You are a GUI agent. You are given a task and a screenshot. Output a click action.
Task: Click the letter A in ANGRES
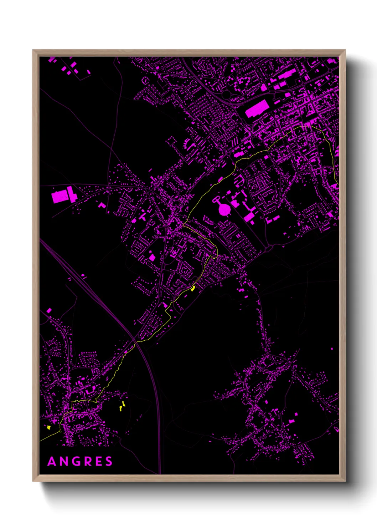pos(52,462)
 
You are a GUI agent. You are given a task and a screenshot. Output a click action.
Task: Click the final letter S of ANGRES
pos(109,462)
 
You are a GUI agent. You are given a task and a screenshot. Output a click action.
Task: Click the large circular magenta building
pos(224,209)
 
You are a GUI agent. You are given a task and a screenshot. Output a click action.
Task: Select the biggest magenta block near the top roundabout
pos(257,108)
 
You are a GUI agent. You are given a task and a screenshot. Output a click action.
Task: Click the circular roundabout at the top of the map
pos(226,95)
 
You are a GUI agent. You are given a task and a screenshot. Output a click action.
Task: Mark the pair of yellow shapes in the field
pos(122,406)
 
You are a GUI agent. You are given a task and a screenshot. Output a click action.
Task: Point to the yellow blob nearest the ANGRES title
pos(49,427)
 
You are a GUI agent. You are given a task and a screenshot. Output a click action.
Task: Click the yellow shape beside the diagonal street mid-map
pos(193,288)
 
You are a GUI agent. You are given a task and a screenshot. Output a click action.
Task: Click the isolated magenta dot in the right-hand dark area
pos(332,349)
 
